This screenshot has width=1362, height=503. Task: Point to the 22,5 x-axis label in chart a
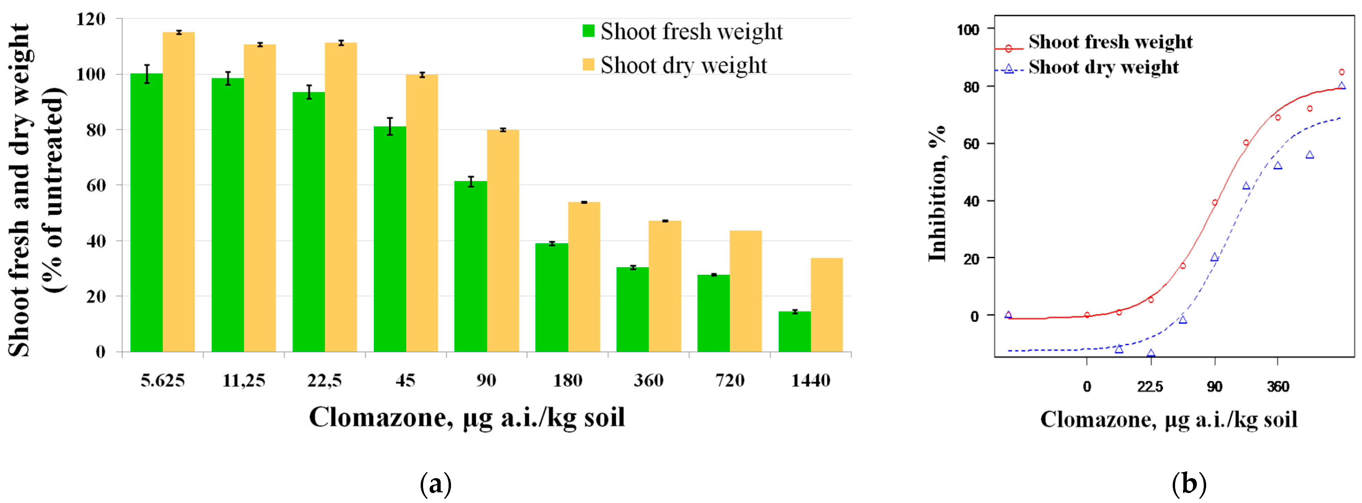click(324, 380)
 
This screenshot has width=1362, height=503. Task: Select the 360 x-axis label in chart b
click(1278, 386)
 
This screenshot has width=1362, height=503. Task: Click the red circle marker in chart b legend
click(1008, 49)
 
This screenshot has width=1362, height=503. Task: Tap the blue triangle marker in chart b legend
click(1008, 69)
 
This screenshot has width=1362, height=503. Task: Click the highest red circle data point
click(1341, 72)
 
